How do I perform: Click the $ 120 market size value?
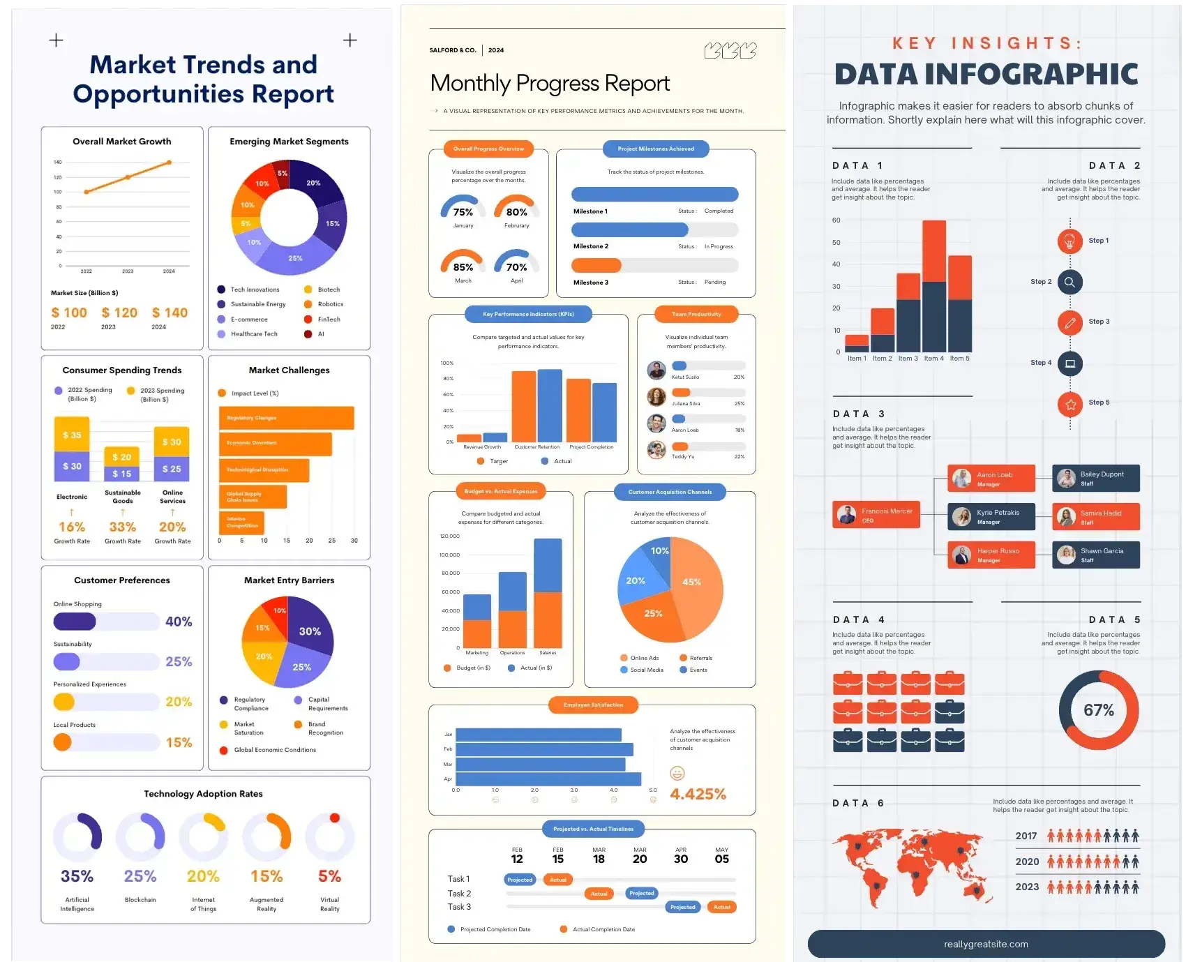click(x=119, y=313)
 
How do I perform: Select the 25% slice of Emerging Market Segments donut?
click(x=295, y=259)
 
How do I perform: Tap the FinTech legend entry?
click(x=329, y=320)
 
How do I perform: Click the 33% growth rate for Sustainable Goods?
click(x=122, y=527)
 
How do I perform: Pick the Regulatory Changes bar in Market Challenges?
click(x=286, y=418)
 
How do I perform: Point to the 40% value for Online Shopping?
click(x=179, y=622)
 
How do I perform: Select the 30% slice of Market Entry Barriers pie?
click(x=310, y=631)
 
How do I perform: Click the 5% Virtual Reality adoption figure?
click(x=329, y=876)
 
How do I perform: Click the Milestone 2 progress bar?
click(x=654, y=230)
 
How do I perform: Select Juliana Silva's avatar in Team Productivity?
click(x=656, y=397)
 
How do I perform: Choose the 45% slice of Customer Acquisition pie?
click(x=692, y=583)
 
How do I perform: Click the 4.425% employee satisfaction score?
click(x=698, y=794)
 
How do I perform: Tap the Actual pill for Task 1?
click(x=557, y=880)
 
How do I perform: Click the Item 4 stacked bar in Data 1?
click(x=934, y=286)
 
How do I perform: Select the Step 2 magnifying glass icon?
click(x=1069, y=282)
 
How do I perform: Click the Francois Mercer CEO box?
click(x=876, y=515)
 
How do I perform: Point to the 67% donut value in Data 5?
click(x=1098, y=710)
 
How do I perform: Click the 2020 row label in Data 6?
click(x=1027, y=862)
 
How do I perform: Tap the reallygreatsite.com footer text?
click(x=986, y=945)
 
